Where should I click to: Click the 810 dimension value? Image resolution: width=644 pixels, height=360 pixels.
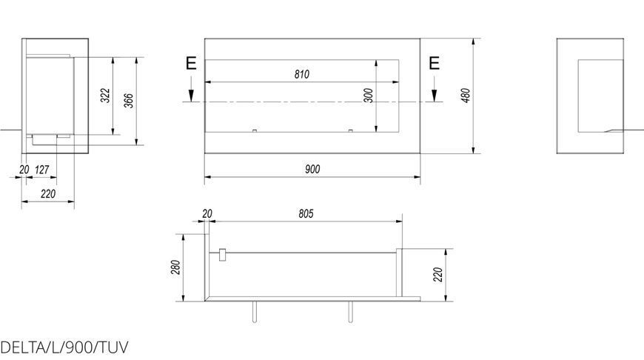pyautogui.click(x=302, y=74)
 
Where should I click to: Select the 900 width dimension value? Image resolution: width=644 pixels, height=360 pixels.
pyautogui.click(x=312, y=169)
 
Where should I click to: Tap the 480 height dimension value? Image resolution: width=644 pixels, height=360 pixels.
pyautogui.click(x=466, y=96)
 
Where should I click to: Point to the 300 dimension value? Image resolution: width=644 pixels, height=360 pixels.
pyautogui.click(x=369, y=96)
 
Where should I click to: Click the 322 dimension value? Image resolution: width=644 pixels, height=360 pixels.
pyautogui.click(x=106, y=96)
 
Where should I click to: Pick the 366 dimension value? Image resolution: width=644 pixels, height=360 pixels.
pyautogui.click(x=129, y=101)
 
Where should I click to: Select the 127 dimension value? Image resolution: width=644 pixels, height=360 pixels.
pyautogui.click(x=42, y=170)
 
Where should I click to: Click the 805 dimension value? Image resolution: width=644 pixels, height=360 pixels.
pyautogui.click(x=306, y=213)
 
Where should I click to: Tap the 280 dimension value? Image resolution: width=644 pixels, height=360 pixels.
pyautogui.click(x=175, y=267)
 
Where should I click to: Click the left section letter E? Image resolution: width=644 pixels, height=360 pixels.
pyautogui.click(x=191, y=64)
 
